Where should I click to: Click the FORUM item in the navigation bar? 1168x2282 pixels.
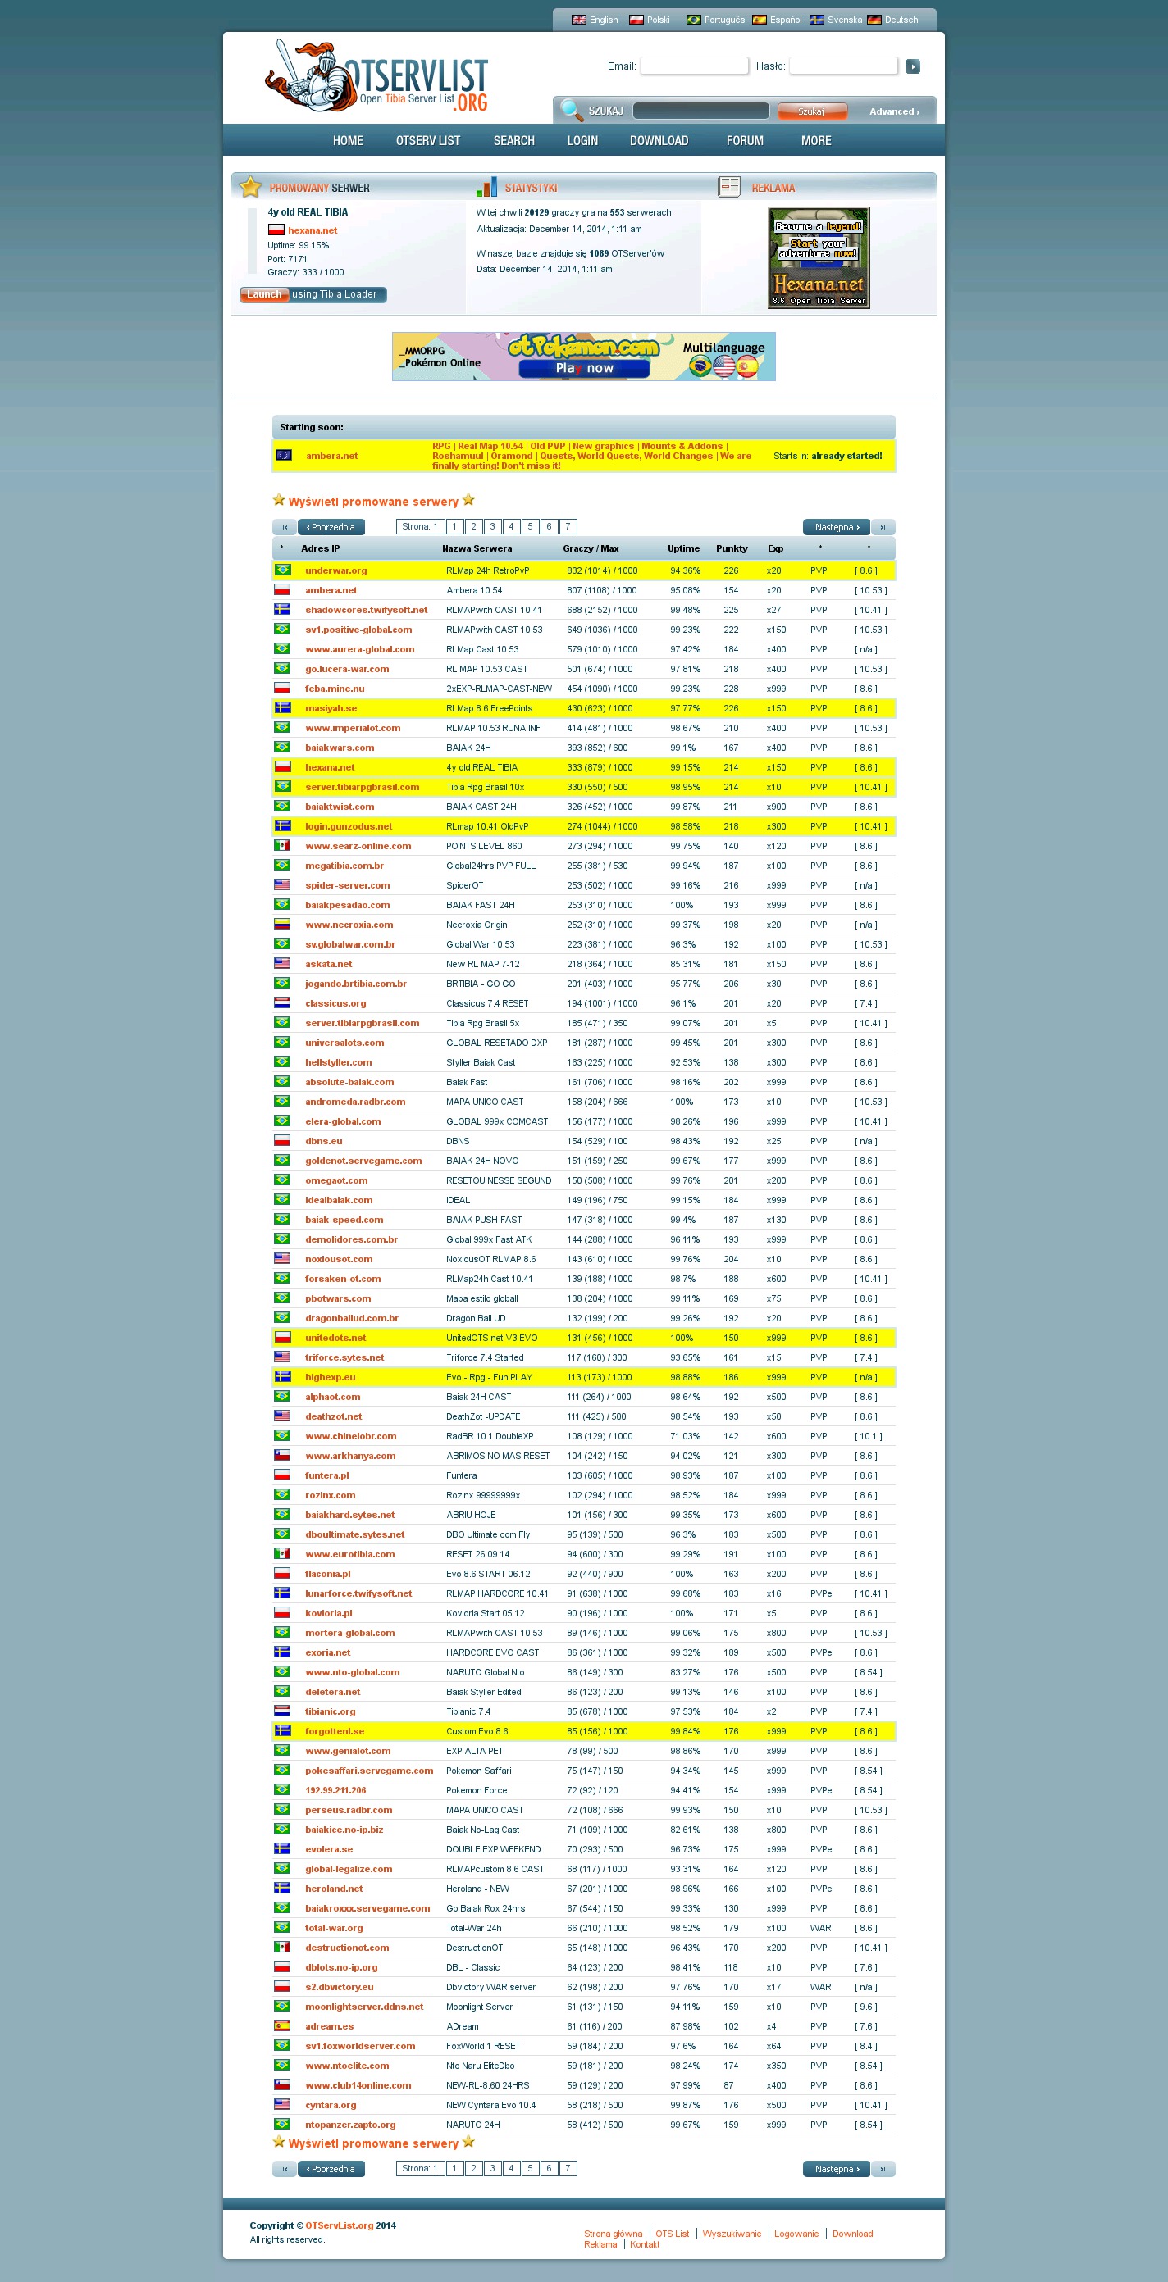(x=745, y=141)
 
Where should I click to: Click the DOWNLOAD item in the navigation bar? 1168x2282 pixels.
(x=659, y=141)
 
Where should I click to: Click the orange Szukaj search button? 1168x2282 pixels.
(x=811, y=111)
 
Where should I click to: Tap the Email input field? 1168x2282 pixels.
(x=694, y=66)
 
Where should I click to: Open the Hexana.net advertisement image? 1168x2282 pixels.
(x=818, y=257)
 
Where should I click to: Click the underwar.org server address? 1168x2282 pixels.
(x=335, y=570)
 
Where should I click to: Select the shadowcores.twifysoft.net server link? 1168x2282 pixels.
(x=366, y=611)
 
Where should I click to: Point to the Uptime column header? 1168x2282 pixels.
(x=683, y=549)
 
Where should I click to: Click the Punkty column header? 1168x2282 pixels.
(x=732, y=549)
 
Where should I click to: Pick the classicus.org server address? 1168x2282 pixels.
(x=335, y=1003)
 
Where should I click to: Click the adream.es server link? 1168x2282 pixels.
(x=329, y=2027)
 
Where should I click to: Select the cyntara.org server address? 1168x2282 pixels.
(x=331, y=2106)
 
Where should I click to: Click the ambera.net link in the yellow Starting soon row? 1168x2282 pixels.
(x=331, y=457)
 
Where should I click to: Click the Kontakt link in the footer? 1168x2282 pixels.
(x=644, y=2245)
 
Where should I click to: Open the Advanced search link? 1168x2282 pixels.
(x=893, y=112)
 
